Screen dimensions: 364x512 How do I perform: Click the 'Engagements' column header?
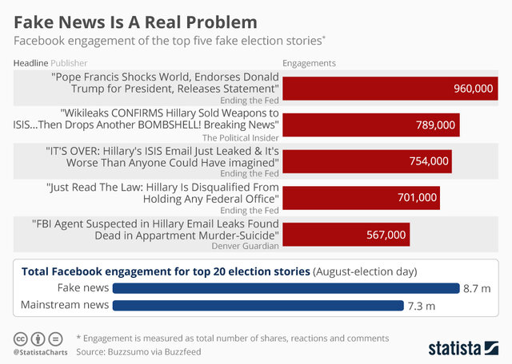(x=310, y=62)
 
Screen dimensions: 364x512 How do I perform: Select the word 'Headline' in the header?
(x=30, y=62)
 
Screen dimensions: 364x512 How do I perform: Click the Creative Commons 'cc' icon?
(x=21, y=338)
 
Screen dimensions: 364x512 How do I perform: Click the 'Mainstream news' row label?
(x=63, y=305)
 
